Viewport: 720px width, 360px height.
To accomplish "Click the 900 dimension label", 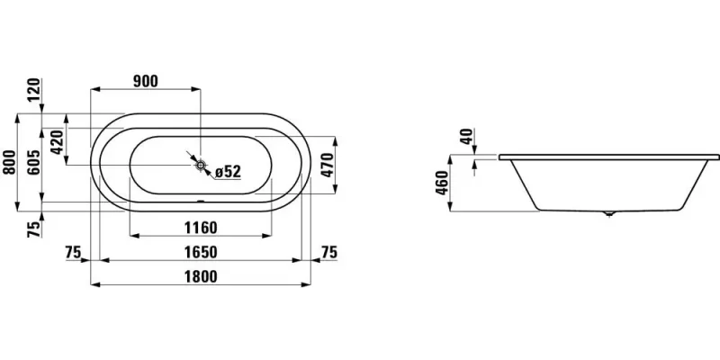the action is pos(145,81).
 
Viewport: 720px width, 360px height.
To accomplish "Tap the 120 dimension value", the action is pos(35,91).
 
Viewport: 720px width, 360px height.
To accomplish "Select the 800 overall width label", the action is pos(9,163).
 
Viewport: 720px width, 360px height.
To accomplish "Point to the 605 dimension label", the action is pos(35,163).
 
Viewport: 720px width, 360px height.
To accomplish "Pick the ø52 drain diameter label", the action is pos(228,171).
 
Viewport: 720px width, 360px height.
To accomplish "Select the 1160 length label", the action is pos(200,227).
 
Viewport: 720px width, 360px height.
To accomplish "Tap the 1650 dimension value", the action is pos(200,252).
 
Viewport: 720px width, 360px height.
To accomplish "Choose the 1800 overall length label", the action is pos(200,277).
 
